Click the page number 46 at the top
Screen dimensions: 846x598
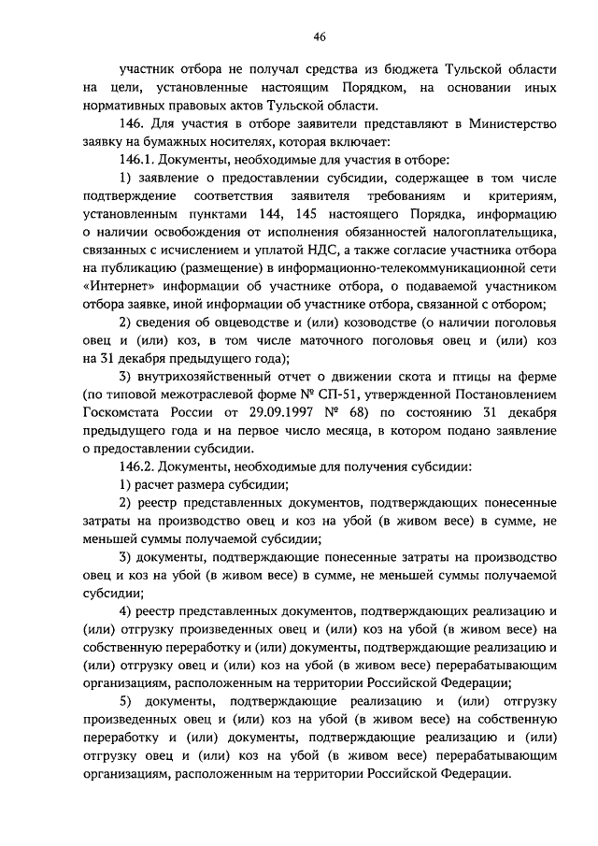click(x=319, y=36)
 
